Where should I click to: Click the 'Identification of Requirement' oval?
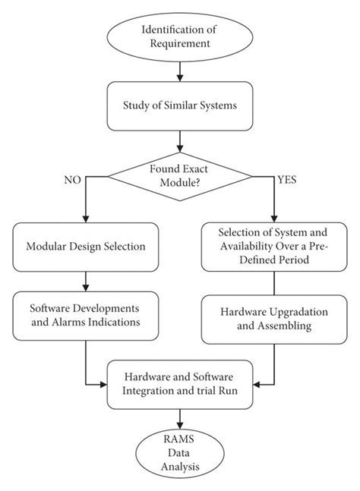click(180, 36)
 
